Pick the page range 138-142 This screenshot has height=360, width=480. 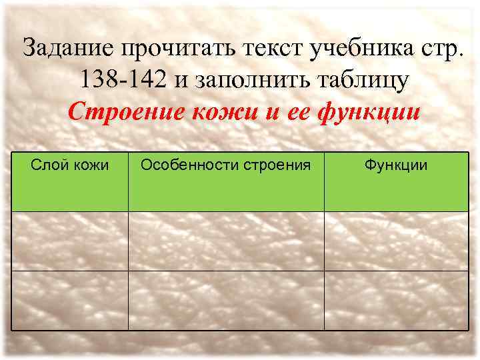pos(125,80)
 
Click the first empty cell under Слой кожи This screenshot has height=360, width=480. pos(70,241)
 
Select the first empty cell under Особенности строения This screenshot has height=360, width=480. pos(226,241)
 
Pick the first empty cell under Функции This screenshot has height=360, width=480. pos(396,241)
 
